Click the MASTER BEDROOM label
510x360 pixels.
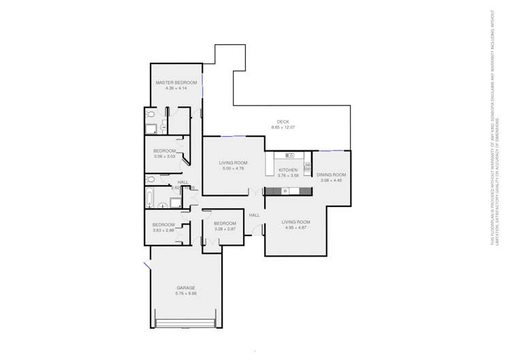(x=176, y=83)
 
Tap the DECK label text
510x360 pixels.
(x=283, y=122)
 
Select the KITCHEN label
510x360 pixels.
(x=288, y=169)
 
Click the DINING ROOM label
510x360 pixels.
(x=332, y=175)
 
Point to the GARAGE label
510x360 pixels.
(x=185, y=288)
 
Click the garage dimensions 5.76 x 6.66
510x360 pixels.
(x=185, y=294)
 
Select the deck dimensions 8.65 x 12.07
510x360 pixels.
(x=283, y=128)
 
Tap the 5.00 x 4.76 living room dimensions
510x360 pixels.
(x=233, y=168)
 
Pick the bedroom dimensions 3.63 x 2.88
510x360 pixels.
(x=164, y=230)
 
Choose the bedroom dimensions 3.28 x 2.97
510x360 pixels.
(x=225, y=229)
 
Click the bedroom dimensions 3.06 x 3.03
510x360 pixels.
(x=165, y=157)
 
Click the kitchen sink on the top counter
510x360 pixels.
(x=289, y=157)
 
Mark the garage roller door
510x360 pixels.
(x=185, y=321)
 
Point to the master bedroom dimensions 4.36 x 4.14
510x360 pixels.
(x=176, y=88)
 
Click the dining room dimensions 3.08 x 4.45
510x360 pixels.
(x=332, y=180)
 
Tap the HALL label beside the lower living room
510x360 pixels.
(x=254, y=216)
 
